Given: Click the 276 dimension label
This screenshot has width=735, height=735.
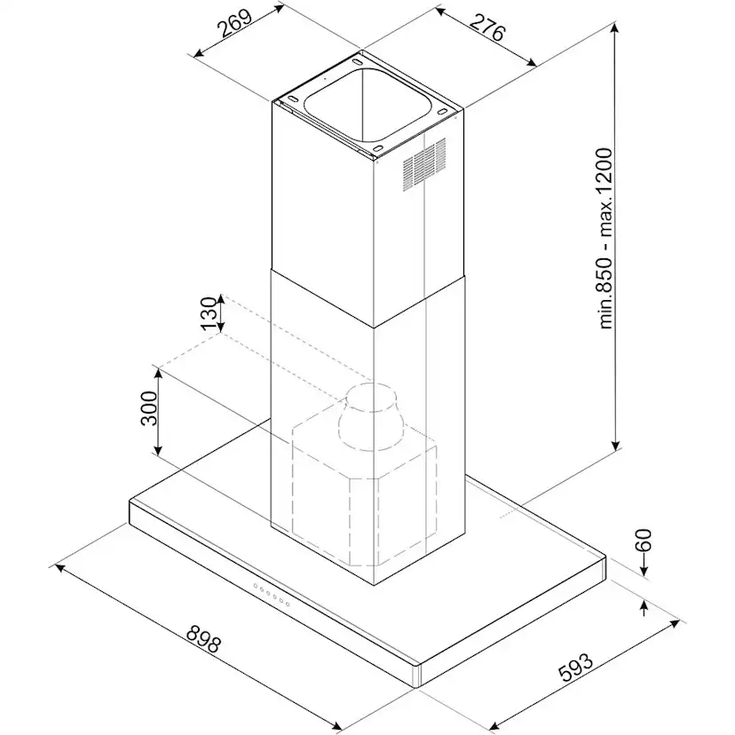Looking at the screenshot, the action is tap(487, 28).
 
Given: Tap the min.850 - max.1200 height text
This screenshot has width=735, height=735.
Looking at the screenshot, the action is tap(605, 239).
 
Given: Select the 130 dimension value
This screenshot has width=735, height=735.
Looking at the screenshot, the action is tap(209, 313).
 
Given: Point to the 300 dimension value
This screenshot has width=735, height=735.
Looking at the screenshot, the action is tap(149, 407).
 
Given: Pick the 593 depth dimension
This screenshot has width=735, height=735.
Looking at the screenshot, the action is tap(575, 667).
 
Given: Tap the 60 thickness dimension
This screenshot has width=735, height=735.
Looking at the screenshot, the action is tap(643, 540).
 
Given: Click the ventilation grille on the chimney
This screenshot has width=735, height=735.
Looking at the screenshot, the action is tap(424, 164).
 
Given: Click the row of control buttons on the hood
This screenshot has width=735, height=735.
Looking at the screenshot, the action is tap(272, 595).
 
